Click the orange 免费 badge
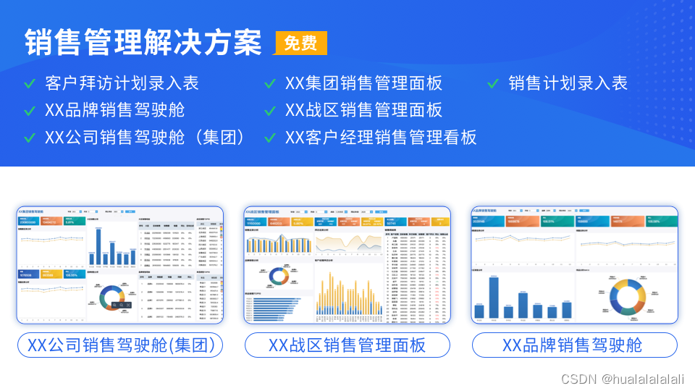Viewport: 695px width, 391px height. (x=300, y=43)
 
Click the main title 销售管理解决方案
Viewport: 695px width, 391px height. (x=143, y=43)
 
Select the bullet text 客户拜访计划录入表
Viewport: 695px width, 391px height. (x=121, y=83)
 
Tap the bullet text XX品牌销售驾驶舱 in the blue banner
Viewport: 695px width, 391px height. (x=114, y=110)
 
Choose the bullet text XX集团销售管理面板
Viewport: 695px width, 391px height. (x=363, y=83)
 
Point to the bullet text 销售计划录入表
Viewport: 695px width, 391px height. (x=568, y=83)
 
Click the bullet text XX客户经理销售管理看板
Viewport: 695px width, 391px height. (x=381, y=137)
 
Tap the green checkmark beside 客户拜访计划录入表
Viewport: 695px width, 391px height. (x=30, y=84)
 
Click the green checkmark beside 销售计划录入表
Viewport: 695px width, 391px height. (x=493, y=84)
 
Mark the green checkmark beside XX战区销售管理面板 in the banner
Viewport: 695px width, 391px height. (x=270, y=111)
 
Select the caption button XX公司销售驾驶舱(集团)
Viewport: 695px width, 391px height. (x=120, y=345)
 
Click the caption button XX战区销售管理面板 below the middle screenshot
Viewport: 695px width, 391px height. (x=347, y=345)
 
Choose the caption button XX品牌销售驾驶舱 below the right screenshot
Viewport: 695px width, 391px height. (x=575, y=345)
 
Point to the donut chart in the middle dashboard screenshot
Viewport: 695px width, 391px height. (x=278, y=275)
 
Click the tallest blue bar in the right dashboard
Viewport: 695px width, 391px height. (x=494, y=297)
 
